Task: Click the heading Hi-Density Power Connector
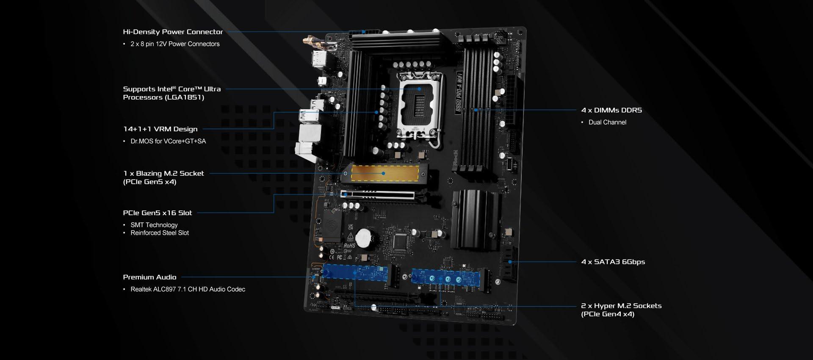pyautogui.click(x=173, y=32)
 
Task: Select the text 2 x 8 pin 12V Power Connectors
pyautogui.click(x=175, y=44)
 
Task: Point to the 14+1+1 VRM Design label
pyautogui.click(x=160, y=129)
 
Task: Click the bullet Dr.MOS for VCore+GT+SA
pyautogui.click(x=168, y=141)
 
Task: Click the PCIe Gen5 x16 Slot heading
pyautogui.click(x=158, y=213)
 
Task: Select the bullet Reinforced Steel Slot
pyautogui.click(x=160, y=233)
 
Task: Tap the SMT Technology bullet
pyautogui.click(x=154, y=225)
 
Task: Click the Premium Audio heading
pyautogui.click(x=149, y=277)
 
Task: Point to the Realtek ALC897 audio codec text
pyautogui.click(x=188, y=289)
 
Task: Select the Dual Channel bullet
pyautogui.click(x=607, y=122)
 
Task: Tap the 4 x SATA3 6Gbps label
pyautogui.click(x=613, y=262)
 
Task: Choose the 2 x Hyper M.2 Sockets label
pyautogui.click(x=621, y=310)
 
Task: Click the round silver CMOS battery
pyautogui.click(x=363, y=238)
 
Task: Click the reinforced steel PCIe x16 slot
pyautogui.click(x=377, y=195)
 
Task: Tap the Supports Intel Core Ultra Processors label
pyautogui.click(x=172, y=93)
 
